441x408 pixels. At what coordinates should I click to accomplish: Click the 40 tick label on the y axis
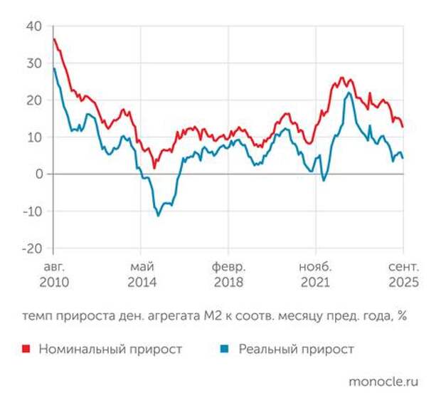(x=34, y=26)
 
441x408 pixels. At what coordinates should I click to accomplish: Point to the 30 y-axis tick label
(x=34, y=63)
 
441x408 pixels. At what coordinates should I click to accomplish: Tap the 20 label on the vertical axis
(x=34, y=100)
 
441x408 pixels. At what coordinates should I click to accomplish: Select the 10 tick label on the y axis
(x=34, y=137)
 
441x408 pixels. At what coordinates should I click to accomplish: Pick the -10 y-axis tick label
(x=32, y=211)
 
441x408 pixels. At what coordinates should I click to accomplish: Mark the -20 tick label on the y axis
(x=32, y=249)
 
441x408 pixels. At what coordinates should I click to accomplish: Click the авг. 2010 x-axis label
(x=53, y=274)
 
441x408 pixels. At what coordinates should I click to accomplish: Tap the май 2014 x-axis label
(x=142, y=274)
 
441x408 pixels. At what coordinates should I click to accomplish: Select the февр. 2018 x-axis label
(x=229, y=274)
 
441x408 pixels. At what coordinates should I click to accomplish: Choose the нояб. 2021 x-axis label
(x=316, y=274)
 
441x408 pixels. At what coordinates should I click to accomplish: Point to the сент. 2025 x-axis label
(x=403, y=274)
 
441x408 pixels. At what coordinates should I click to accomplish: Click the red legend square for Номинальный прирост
(x=26, y=349)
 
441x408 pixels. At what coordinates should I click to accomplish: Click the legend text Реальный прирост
(x=296, y=349)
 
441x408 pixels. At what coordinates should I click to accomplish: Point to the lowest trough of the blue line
(x=158, y=215)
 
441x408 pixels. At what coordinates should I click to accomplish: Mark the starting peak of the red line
(x=54, y=38)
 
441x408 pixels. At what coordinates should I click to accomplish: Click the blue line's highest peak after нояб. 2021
(x=349, y=93)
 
